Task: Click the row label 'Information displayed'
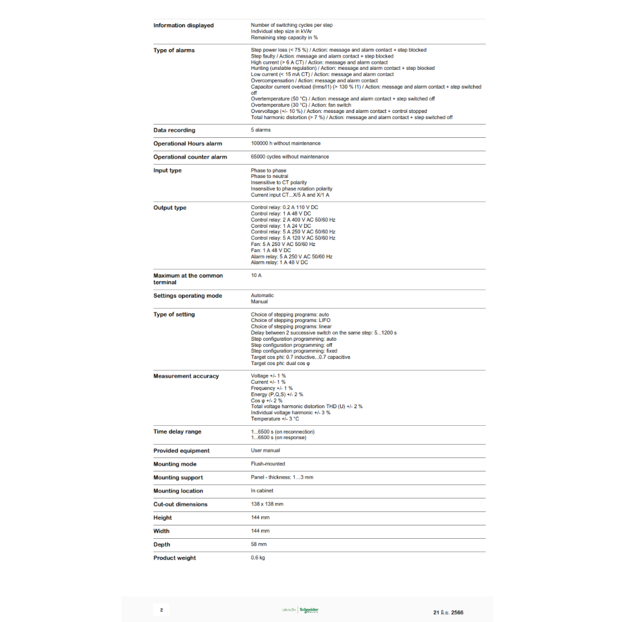click(183, 26)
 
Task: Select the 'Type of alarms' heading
click(174, 50)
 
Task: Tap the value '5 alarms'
click(261, 130)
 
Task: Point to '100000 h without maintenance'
click(285, 143)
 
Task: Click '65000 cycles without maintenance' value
click(290, 157)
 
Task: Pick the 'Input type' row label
click(167, 171)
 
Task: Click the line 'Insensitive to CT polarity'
click(279, 183)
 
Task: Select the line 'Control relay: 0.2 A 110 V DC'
click(284, 208)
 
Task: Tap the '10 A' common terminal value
click(256, 276)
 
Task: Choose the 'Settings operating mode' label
click(188, 296)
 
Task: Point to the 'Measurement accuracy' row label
click(186, 377)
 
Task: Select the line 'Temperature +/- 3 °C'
click(275, 419)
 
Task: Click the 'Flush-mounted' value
click(268, 464)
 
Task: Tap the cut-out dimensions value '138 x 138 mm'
click(267, 504)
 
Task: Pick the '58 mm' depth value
click(259, 544)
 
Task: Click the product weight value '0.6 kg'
click(258, 558)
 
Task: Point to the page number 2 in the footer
click(161, 610)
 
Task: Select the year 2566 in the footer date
click(457, 612)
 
